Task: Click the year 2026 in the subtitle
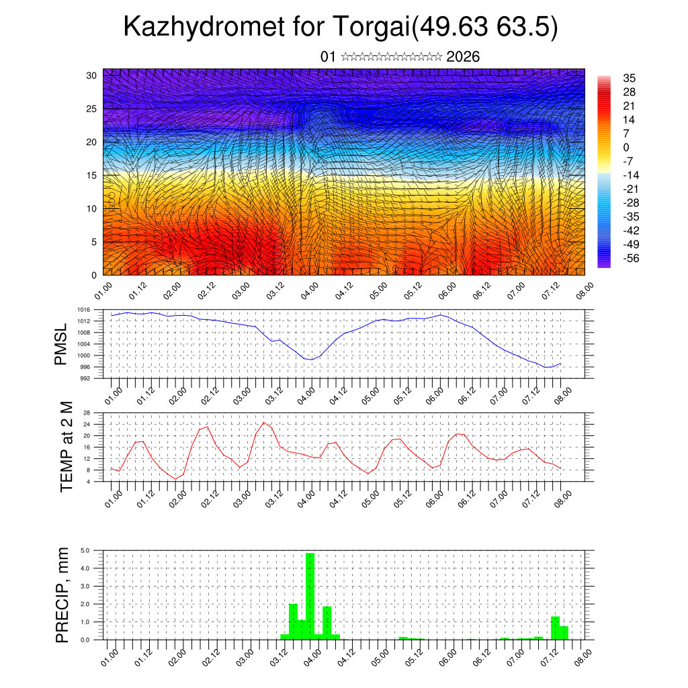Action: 463,56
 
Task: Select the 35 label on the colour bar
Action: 630,79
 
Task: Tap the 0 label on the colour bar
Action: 626,147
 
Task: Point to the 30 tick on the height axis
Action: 92,75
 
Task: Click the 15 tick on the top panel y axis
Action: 92,175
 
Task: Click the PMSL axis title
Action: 61,345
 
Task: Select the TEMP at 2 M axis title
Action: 66,447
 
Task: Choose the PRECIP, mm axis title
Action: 62,595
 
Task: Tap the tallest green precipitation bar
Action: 310,595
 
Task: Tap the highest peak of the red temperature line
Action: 264,423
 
